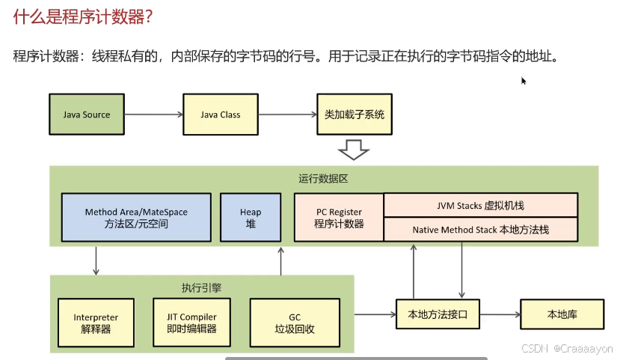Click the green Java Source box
coord(86,115)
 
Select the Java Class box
coord(220,115)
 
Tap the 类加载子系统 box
coord(354,115)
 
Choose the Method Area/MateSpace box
coord(136,218)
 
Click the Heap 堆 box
coord(251,218)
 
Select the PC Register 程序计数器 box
coord(339,218)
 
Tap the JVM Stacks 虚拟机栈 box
coord(480,205)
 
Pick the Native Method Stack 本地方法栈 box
coord(480,230)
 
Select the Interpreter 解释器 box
coord(96,323)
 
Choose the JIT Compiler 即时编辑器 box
coord(191,323)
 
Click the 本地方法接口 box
coord(438,314)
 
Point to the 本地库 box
coord(562,314)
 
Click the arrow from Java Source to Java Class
coord(153,115)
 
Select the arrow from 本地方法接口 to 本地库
coord(500,314)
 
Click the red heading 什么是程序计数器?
coord(83,17)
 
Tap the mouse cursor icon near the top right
coord(524,80)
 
